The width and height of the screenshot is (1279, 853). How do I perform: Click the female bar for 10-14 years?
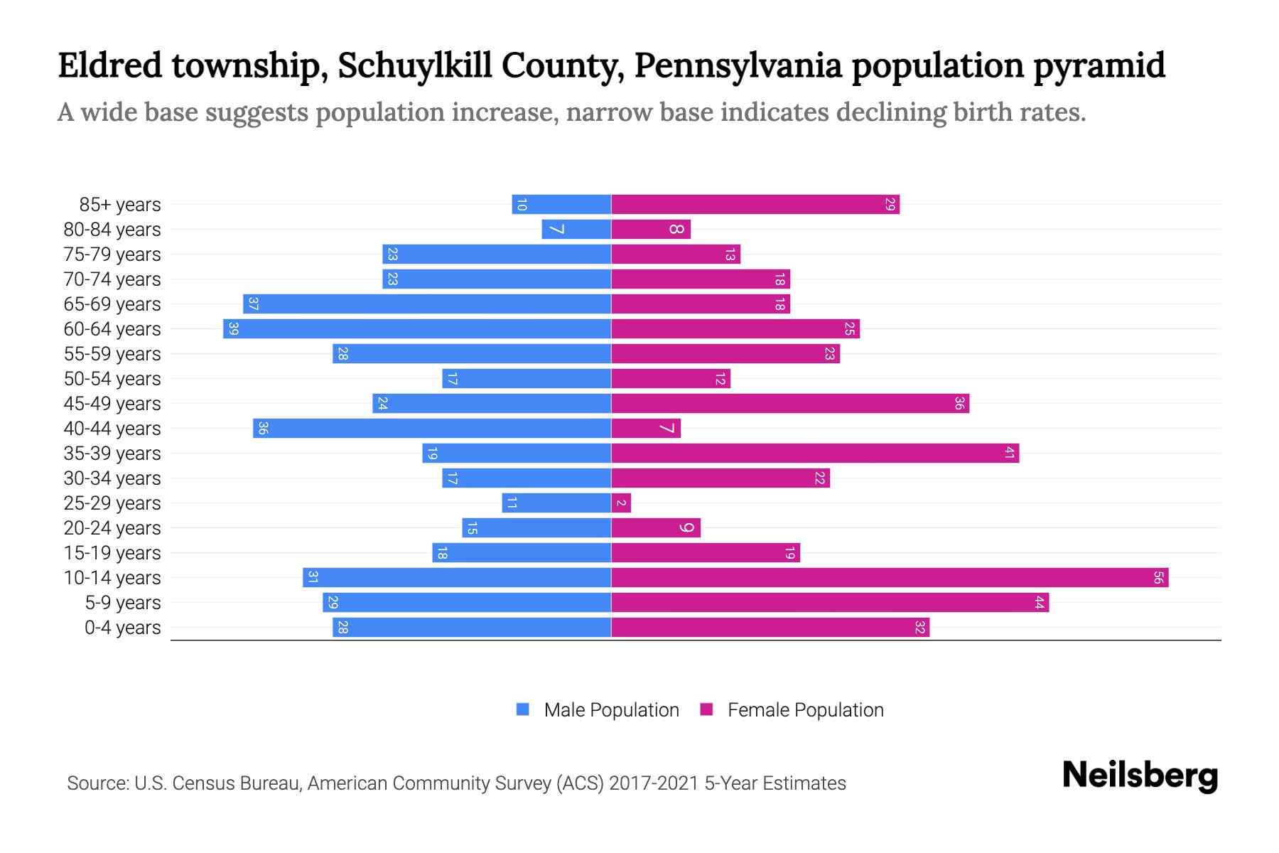click(890, 578)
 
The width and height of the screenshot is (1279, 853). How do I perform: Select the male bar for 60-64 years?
click(417, 329)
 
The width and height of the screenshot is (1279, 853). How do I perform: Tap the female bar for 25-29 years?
click(621, 503)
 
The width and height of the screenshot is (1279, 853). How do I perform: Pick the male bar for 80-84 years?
click(576, 230)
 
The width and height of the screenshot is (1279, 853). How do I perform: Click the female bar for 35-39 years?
click(815, 454)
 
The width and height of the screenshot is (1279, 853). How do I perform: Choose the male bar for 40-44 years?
click(432, 429)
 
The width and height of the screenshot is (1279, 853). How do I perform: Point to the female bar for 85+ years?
click(755, 205)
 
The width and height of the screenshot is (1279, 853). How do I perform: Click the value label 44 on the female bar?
click(1039, 603)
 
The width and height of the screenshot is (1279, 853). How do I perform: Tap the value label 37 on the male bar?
click(253, 304)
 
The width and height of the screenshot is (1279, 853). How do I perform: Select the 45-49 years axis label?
click(112, 404)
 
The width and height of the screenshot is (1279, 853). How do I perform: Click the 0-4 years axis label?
click(122, 628)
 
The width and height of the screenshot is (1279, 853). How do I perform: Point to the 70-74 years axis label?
click(112, 279)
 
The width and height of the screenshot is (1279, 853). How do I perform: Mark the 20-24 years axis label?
click(112, 528)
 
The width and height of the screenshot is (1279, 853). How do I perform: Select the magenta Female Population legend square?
click(706, 709)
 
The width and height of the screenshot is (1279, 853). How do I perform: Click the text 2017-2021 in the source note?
click(654, 783)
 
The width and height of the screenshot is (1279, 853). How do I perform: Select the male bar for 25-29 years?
click(556, 503)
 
